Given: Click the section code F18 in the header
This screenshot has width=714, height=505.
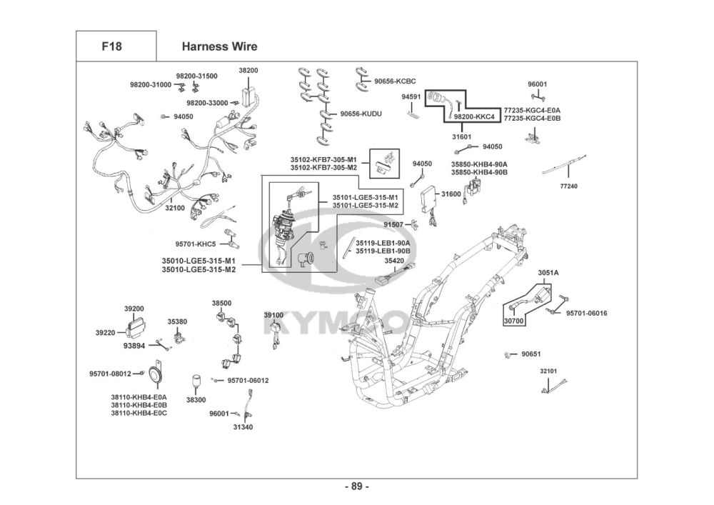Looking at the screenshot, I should click(111, 47).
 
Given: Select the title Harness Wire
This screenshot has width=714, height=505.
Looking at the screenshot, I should click(219, 47).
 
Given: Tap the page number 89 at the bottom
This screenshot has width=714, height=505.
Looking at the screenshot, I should click(356, 487).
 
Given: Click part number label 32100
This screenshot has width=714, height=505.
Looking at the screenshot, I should click(175, 208).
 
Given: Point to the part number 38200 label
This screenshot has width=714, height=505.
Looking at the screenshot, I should click(248, 71).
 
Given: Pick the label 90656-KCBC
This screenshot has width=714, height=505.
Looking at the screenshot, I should click(395, 81).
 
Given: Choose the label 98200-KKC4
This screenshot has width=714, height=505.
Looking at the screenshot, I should click(473, 116).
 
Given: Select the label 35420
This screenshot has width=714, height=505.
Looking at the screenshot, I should click(395, 261).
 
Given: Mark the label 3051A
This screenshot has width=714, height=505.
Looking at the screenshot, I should click(548, 273).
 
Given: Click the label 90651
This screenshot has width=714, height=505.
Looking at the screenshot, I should click(531, 354).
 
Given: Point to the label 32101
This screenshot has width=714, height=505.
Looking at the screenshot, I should click(548, 371).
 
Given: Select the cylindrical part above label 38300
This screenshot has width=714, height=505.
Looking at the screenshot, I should click(196, 383).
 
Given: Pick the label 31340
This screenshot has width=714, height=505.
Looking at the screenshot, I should click(242, 427).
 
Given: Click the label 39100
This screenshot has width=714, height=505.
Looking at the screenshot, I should click(273, 315).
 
